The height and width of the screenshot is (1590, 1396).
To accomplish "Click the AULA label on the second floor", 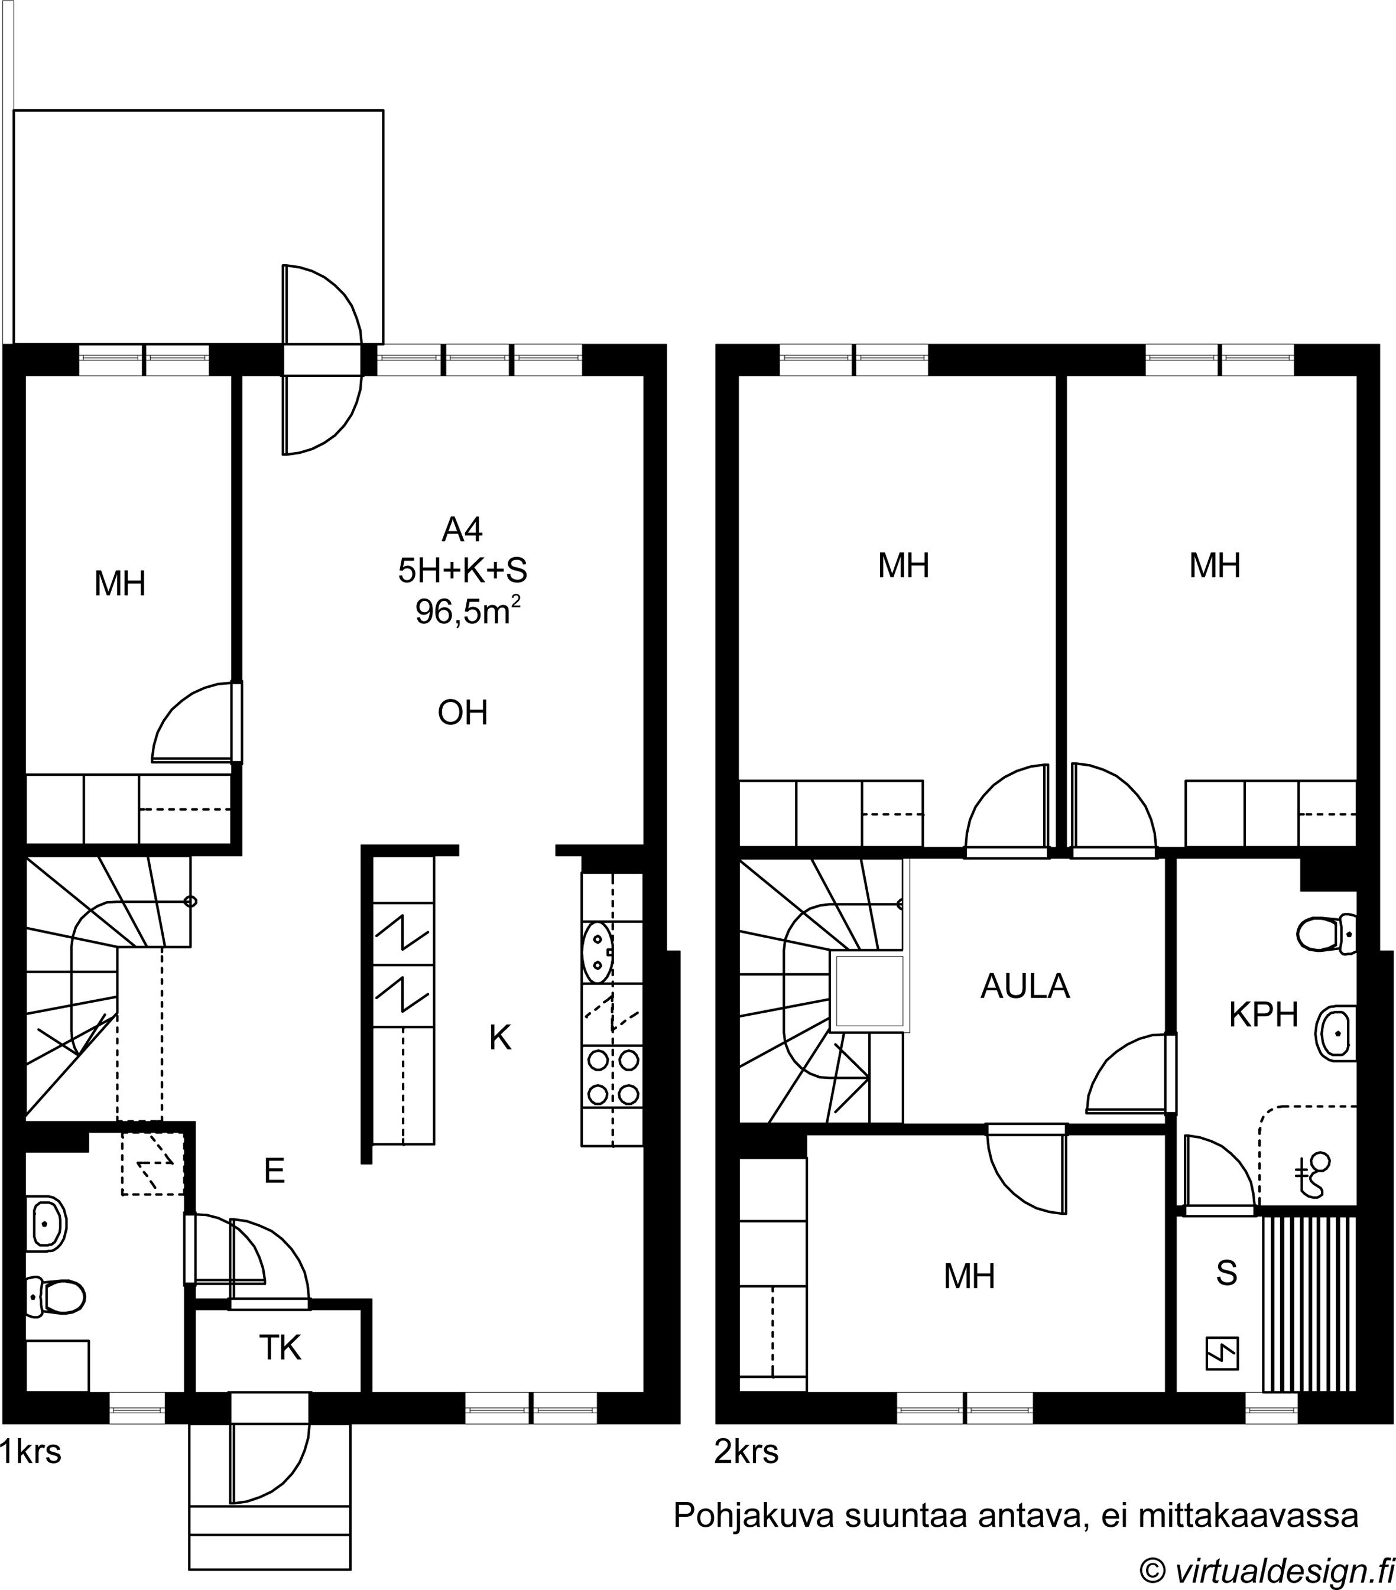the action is click(x=1025, y=986).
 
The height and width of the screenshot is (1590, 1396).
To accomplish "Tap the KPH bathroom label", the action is click(x=1264, y=1015).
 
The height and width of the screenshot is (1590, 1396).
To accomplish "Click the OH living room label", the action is click(x=463, y=713).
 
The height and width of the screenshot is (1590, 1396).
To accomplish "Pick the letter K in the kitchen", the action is click(x=501, y=1037).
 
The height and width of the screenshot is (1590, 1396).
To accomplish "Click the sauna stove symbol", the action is click(x=1222, y=1354).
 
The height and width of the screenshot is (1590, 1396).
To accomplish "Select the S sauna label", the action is click(x=1226, y=1273).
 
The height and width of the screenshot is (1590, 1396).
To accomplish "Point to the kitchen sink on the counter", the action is click(x=598, y=952).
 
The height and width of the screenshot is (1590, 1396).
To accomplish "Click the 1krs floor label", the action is click(x=31, y=1452).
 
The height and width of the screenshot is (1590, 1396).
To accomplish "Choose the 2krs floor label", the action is click(x=746, y=1452).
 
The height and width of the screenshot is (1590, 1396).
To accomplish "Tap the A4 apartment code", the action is click(x=462, y=530).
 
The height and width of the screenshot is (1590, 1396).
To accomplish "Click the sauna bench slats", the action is click(x=1309, y=1305).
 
